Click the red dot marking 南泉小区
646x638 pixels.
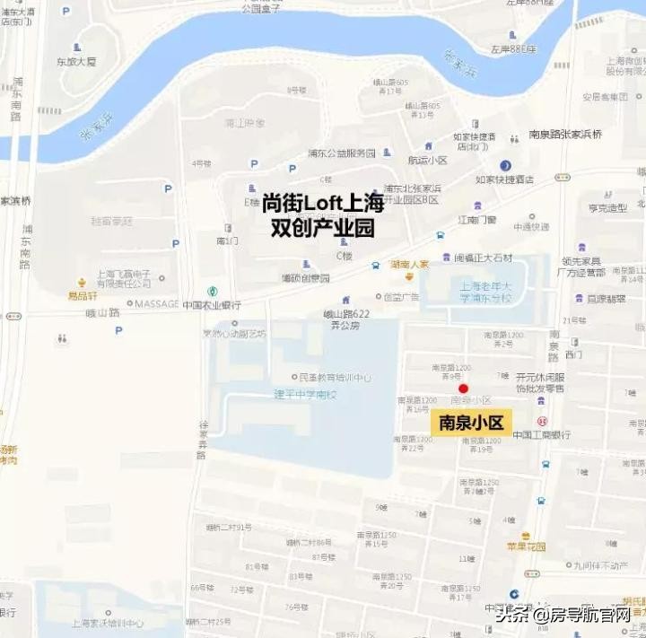[x=463, y=389]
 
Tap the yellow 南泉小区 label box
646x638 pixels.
[x=470, y=423]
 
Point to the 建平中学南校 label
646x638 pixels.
[x=305, y=394]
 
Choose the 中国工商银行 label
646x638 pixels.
[x=542, y=434]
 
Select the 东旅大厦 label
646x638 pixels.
[x=76, y=62]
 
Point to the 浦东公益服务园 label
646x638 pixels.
[x=341, y=153]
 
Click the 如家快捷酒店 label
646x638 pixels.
[x=504, y=179]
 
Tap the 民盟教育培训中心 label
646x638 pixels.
[x=330, y=377]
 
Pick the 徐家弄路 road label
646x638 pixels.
[x=203, y=440]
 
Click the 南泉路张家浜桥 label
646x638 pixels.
[x=565, y=134]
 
